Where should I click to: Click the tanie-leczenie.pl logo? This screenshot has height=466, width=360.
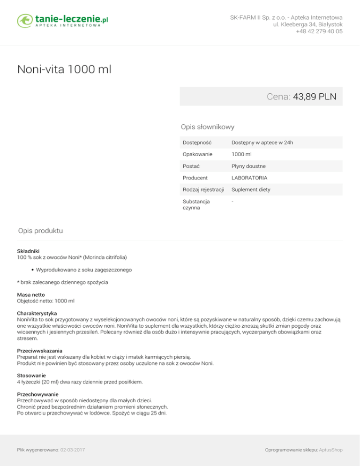(63, 21)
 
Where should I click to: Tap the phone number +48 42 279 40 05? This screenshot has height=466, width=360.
(319, 32)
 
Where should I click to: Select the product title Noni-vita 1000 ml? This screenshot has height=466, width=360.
(64, 70)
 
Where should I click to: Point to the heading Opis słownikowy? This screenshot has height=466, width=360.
(208, 127)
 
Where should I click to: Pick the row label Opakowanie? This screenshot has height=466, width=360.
(197, 154)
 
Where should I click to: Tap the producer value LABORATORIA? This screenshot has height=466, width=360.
(249, 178)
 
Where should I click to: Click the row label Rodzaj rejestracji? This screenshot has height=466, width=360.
(203, 190)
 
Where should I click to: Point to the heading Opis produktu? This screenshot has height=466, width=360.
(40, 231)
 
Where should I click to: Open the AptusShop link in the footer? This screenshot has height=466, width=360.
(330, 450)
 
